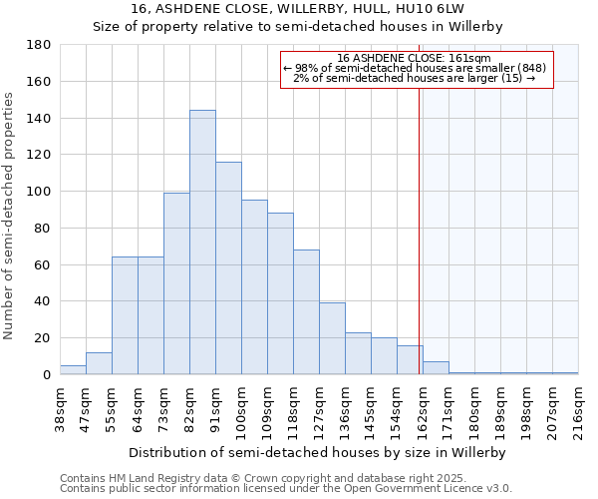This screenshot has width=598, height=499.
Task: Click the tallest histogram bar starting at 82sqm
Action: (202, 243)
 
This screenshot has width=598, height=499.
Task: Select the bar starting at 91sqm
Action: (228, 268)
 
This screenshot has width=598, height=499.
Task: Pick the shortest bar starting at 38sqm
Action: (73, 370)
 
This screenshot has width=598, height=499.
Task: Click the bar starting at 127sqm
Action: (332, 338)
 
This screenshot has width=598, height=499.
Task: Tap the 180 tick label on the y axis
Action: (39, 45)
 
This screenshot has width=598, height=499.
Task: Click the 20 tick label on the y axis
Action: (43, 338)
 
